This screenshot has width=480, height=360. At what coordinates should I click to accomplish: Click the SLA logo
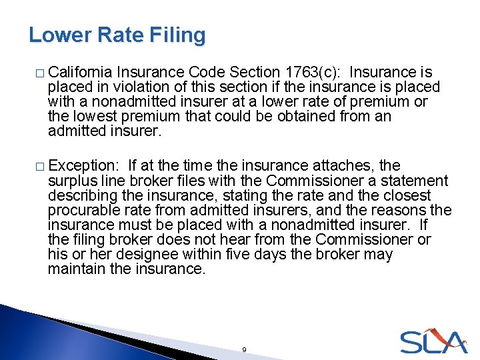[433, 341]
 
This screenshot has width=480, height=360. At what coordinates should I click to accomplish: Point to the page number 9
[245, 349]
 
